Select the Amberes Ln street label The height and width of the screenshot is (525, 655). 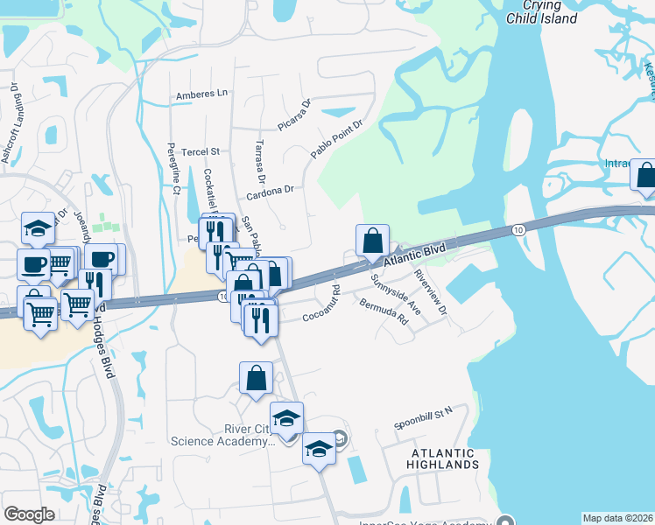pyautogui.click(x=201, y=94)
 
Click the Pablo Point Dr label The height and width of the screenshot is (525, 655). pyautogui.click(x=336, y=139)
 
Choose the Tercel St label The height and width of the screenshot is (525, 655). pyautogui.click(x=200, y=151)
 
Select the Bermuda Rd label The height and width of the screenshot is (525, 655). pyautogui.click(x=384, y=311)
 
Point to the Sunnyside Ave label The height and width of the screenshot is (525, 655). pyautogui.click(x=396, y=294)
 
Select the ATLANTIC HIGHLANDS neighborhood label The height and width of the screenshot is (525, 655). pyautogui.click(x=441, y=459)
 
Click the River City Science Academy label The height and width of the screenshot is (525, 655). pyautogui.click(x=218, y=435)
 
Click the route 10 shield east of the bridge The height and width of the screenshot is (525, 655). pyautogui.click(x=519, y=229)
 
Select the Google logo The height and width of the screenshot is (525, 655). pyautogui.click(x=29, y=514)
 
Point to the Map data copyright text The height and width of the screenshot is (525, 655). pyautogui.click(x=618, y=518)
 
